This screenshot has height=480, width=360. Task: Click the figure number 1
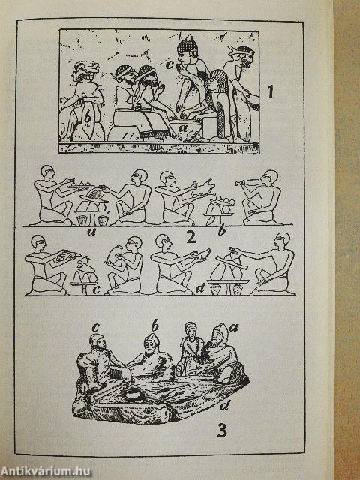[272, 96]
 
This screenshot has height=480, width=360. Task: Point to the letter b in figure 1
[88, 118]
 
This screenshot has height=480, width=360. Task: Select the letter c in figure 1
[170, 65]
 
